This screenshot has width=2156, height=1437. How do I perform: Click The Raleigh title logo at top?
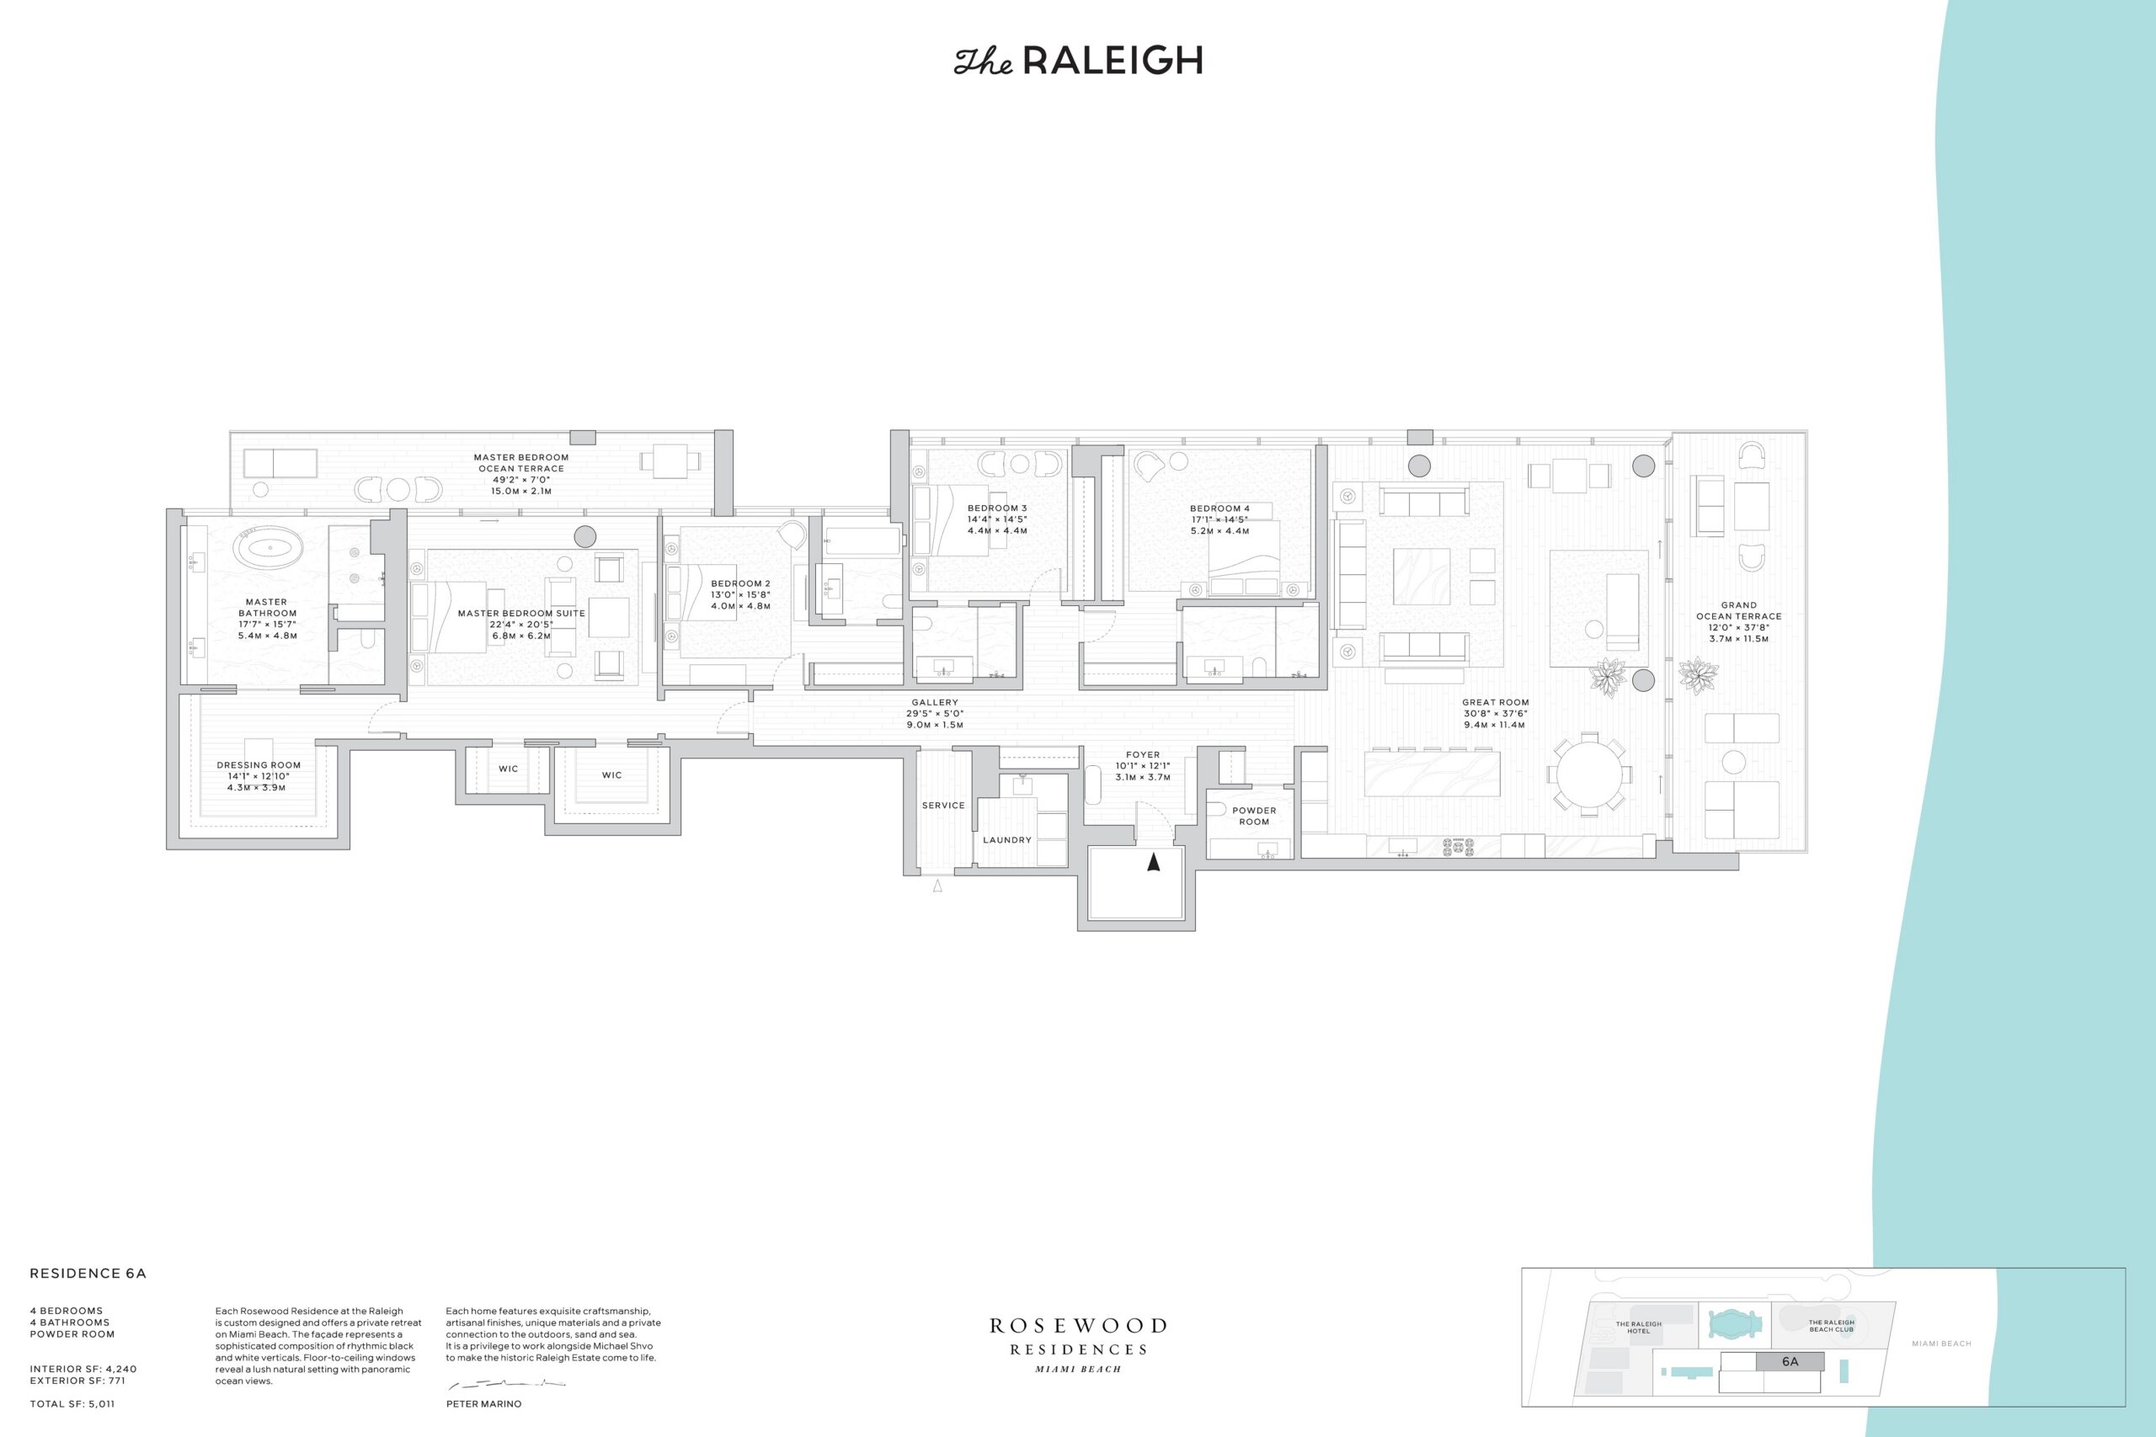(x=1078, y=61)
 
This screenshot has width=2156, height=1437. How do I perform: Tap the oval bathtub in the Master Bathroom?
(x=268, y=551)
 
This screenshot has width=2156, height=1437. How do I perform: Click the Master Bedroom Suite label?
(x=520, y=613)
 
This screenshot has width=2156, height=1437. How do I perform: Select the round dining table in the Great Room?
(x=1589, y=774)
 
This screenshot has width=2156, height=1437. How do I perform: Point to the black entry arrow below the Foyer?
(x=1153, y=861)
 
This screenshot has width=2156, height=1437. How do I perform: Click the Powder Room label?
(x=1254, y=816)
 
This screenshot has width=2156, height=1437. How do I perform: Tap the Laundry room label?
(x=1006, y=839)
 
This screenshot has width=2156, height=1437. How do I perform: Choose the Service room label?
(x=943, y=806)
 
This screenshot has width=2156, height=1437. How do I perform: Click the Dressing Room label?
(x=259, y=765)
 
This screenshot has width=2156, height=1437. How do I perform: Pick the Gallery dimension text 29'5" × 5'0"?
(x=935, y=714)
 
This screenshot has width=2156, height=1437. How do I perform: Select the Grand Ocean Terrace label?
(x=1739, y=610)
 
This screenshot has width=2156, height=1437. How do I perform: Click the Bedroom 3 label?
(x=997, y=508)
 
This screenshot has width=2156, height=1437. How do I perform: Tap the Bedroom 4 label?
(x=1219, y=508)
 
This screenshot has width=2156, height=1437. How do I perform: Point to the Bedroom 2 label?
(x=740, y=583)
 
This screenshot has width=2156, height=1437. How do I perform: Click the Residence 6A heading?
(x=88, y=1273)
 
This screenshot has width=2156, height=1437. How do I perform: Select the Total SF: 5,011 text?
(x=72, y=1403)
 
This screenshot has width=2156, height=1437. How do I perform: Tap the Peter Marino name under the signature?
(x=483, y=1404)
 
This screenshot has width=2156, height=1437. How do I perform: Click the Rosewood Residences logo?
(x=1078, y=1344)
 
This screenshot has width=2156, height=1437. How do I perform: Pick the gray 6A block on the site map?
(x=1790, y=1361)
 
